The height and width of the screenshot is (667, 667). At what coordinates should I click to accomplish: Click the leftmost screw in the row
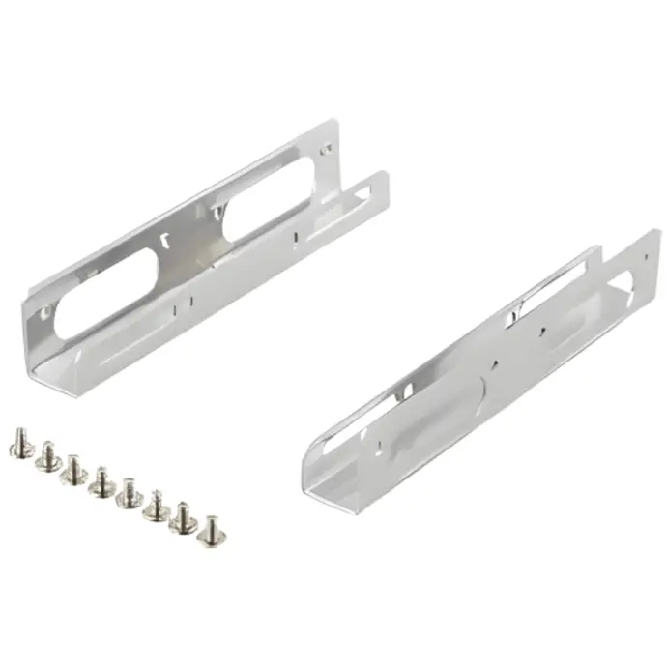pos(18,442)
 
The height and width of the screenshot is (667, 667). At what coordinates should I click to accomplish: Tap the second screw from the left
pos(44,454)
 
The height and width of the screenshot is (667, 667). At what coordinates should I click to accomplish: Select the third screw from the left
pos(72,469)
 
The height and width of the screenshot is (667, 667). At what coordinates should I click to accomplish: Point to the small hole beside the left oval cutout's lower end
pos(44,314)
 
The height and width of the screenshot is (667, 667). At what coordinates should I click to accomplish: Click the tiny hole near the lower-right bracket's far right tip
pos(642,253)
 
